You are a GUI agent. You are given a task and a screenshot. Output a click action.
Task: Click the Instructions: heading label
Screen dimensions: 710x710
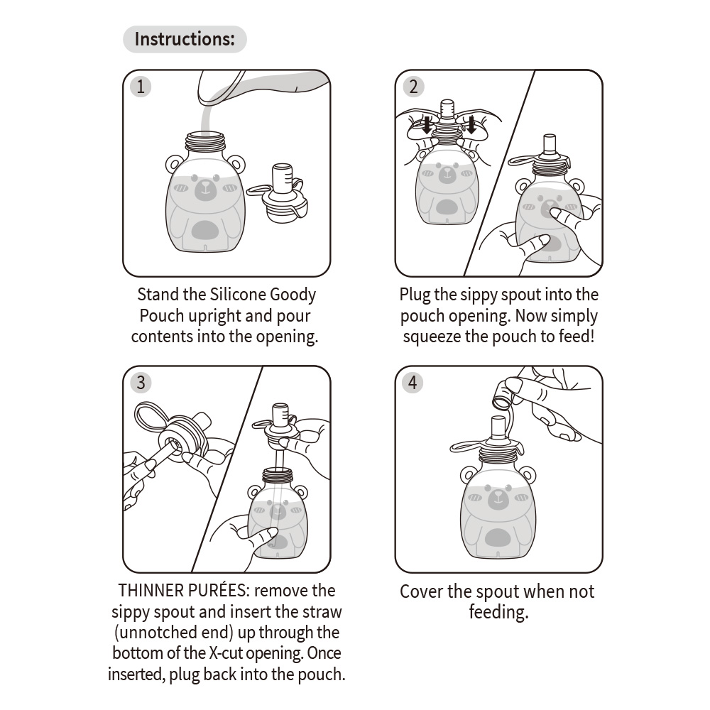coord(185,39)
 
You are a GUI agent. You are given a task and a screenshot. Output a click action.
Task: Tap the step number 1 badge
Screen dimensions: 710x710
coord(141,87)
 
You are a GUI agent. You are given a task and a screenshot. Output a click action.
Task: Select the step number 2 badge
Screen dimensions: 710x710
coord(413,87)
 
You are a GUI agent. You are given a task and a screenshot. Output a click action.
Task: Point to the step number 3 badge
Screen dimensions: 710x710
coord(141,383)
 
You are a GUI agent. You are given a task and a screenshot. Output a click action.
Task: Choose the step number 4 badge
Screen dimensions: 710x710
coord(413,383)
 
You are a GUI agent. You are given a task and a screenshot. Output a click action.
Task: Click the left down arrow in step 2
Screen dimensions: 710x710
coord(427,124)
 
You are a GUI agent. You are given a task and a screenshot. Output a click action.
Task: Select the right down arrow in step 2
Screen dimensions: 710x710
coord(471,124)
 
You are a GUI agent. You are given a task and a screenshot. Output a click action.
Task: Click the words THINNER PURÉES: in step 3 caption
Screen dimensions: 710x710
coord(183,591)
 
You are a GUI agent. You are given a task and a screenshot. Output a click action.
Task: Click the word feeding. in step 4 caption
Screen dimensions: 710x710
coord(498,612)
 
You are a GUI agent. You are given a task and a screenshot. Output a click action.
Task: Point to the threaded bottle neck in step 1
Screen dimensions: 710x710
coord(205,142)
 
